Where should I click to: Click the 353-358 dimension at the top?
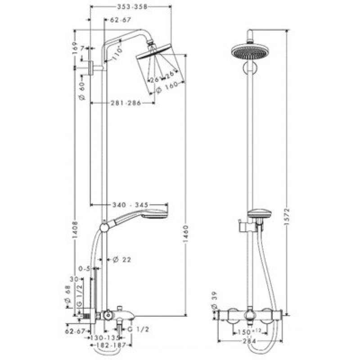[131, 7]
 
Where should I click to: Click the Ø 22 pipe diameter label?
[121, 259]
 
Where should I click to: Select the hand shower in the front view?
[259, 214]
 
